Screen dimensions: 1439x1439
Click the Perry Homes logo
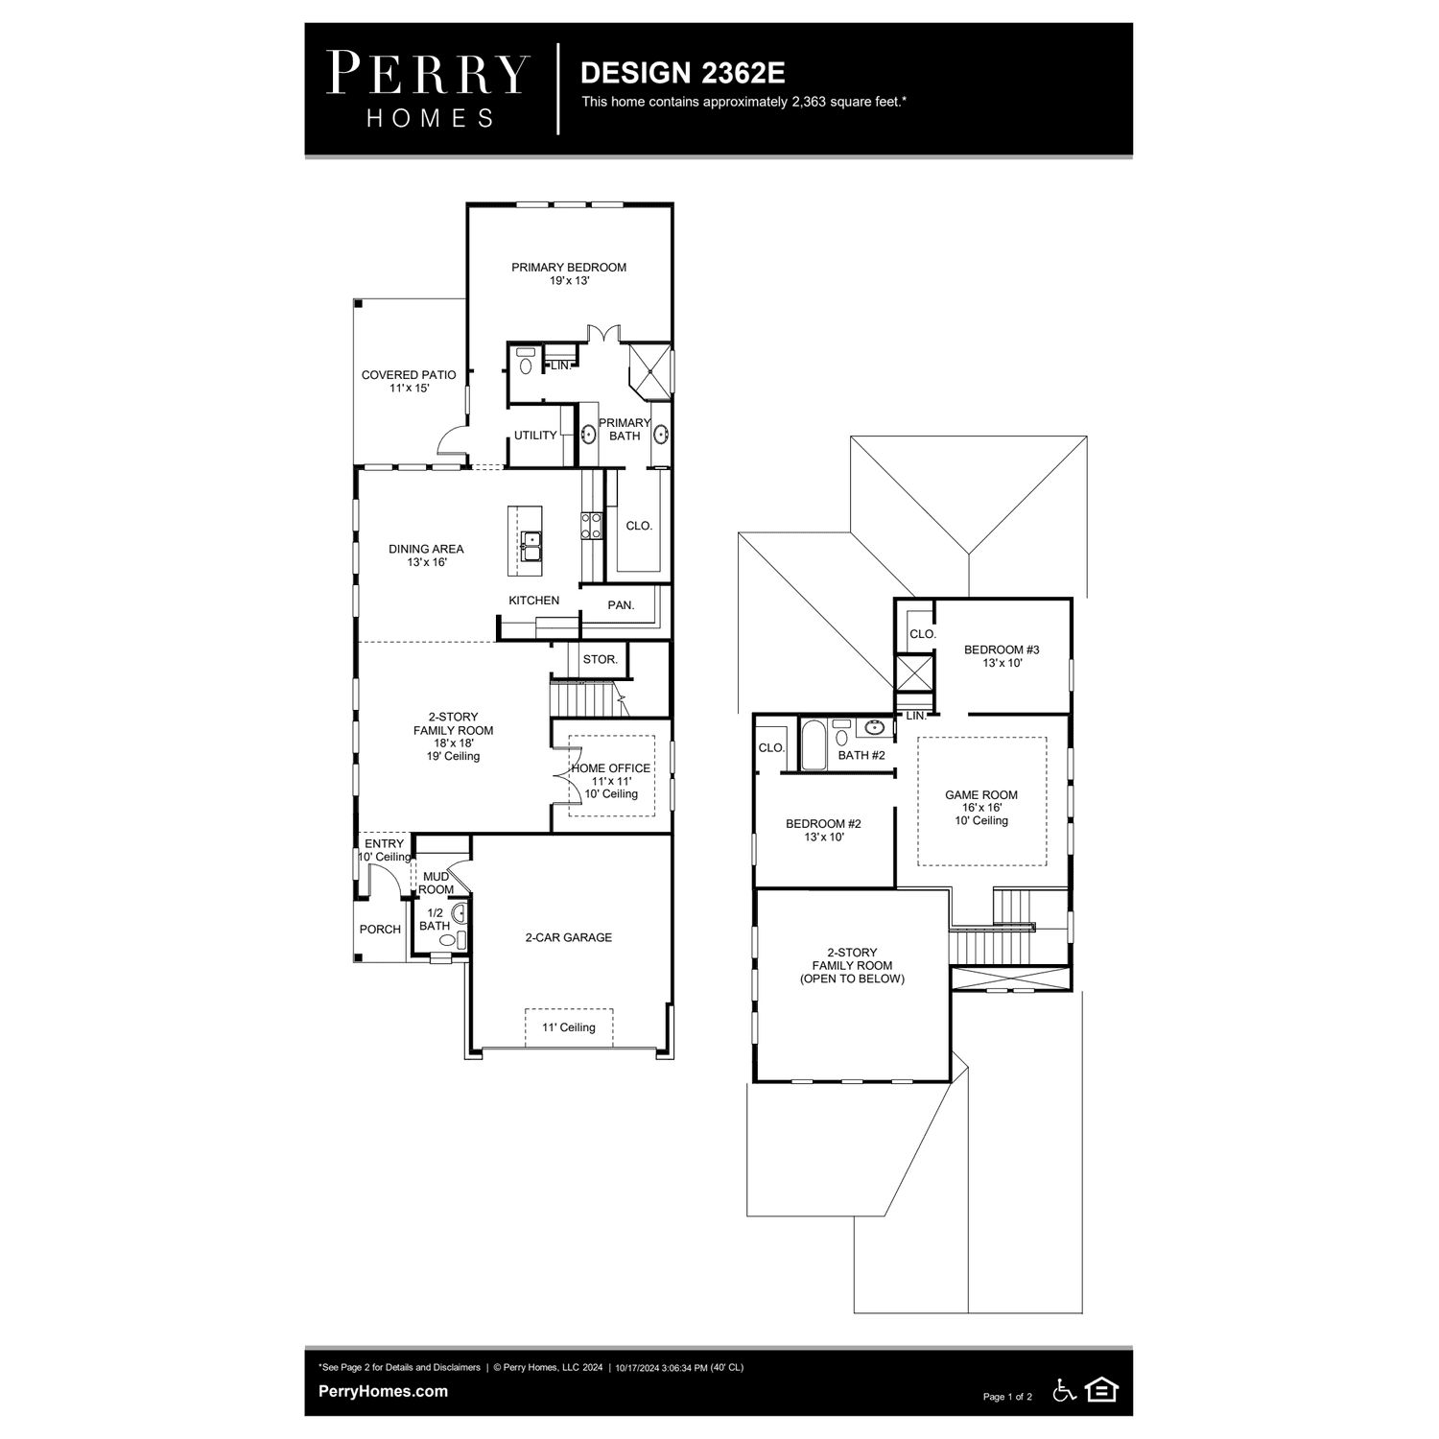point(428,89)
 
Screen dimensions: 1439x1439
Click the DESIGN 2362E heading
point(682,73)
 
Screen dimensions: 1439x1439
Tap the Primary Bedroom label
point(569,273)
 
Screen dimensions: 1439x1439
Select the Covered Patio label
point(409,381)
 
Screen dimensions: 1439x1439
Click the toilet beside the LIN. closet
point(526,363)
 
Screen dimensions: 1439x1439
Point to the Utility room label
point(535,436)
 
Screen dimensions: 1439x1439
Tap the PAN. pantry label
point(621,605)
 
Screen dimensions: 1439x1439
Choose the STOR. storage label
point(601,660)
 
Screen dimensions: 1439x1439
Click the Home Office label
point(611,781)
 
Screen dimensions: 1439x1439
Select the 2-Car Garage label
point(568,937)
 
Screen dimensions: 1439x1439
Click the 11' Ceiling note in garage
point(569,1027)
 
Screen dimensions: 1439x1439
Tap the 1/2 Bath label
point(435,919)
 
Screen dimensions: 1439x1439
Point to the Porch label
point(380,930)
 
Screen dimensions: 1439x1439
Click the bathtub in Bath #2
point(814,744)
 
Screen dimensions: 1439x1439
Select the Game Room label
point(981,808)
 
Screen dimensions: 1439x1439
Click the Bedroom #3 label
point(1002,656)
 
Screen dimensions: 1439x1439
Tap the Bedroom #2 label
point(823,830)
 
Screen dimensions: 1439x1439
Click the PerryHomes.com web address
point(383,1391)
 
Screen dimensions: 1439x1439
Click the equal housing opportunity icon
point(1101,1389)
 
